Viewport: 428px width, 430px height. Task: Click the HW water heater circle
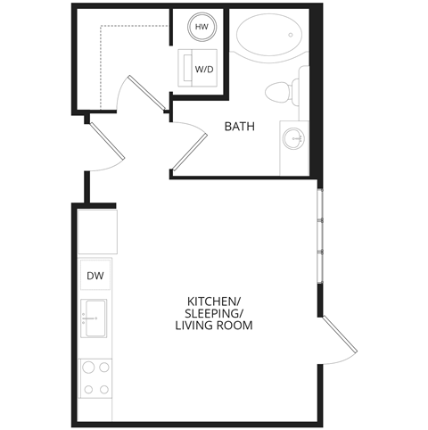202,28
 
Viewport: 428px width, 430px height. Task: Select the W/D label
204,68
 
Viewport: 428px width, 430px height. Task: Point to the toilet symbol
280,91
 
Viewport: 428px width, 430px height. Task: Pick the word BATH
239,127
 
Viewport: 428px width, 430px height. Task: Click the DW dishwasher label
95,277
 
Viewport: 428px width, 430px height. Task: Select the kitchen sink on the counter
95,318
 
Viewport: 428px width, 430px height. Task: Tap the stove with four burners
95,377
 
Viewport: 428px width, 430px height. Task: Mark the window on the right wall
319,235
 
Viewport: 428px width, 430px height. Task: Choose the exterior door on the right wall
337,340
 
